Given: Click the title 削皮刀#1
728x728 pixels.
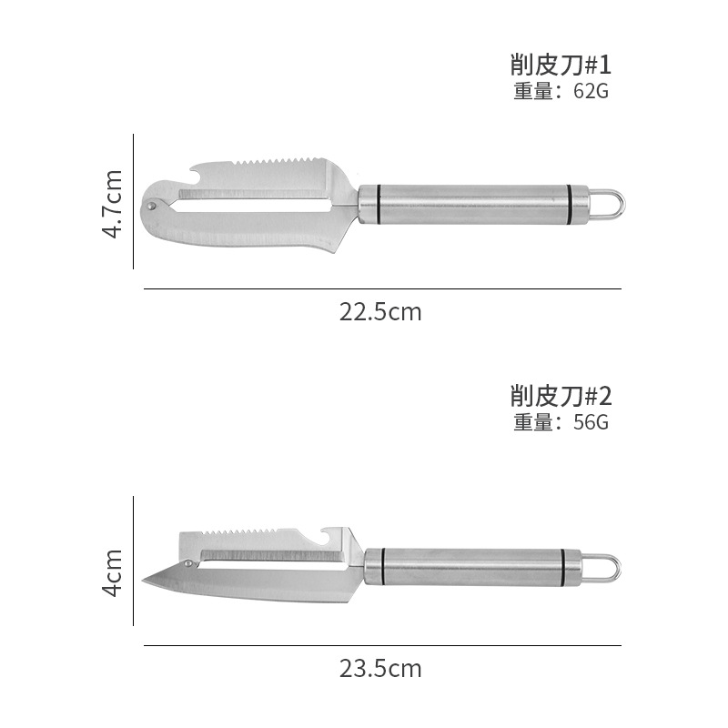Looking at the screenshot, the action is [x=561, y=65].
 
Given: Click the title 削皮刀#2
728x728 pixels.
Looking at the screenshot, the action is [x=561, y=396].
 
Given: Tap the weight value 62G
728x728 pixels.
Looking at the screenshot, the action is [x=591, y=91].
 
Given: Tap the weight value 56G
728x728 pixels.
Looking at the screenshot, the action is [x=591, y=422].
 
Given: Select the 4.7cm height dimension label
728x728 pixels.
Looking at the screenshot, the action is [x=112, y=204].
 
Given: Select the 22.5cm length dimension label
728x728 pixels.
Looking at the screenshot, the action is [x=380, y=312].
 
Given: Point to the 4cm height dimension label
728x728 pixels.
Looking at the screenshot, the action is [x=112, y=573].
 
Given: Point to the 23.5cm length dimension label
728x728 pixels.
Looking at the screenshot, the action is [x=380, y=669].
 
